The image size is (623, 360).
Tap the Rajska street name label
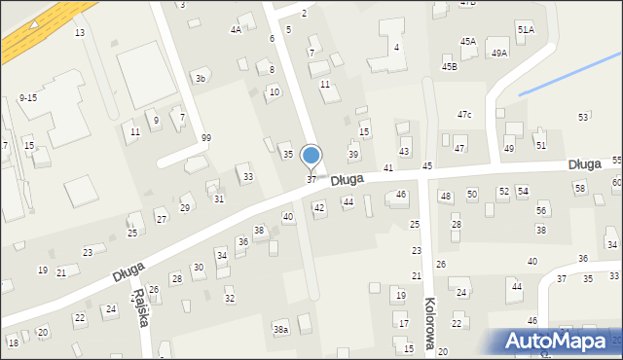pyautogui.click(x=141, y=308)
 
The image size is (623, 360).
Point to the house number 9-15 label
pyautogui.click(x=27, y=98)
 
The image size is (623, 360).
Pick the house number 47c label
pyautogui.click(x=464, y=115)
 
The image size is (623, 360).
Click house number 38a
pyautogui.click(x=280, y=330)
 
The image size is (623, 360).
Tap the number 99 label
pyautogui.click(x=206, y=137)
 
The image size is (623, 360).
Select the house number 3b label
pyautogui.click(x=201, y=78)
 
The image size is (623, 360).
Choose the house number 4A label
pyautogui.click(x=236, y=30)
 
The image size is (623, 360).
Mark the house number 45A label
pyautogui.click(x=468, y=41)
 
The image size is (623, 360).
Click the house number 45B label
pyautogui.click(x=449, y=66)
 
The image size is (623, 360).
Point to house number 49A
pyautogui.click(x=499, y=54)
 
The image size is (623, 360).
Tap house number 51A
pyautogui.click(x=526, y=30)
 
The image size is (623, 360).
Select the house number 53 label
pyautogui.click(x=583, y=117)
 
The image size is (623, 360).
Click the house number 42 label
pyautogui.click(x=318, y=207)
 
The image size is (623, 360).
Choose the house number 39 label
pyautogui.click(x=353, y=155)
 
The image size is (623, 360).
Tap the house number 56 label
pyautogui.click(x=541, y=210)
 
